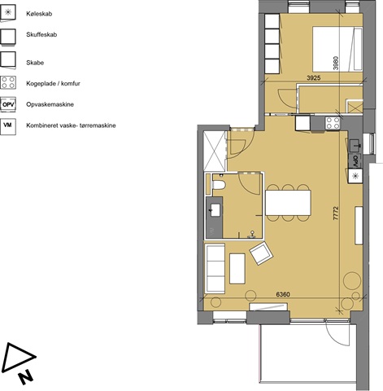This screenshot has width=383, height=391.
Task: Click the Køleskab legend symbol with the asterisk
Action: click(8, 12)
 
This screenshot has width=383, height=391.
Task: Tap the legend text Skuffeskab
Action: click(41, 34)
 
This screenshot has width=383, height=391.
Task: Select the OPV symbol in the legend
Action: click(8, 104)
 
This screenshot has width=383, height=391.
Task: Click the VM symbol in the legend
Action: click(8, 125)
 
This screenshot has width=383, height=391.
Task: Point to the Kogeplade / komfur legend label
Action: click(53, 83)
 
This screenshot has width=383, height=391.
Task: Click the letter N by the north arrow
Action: click(26, 377)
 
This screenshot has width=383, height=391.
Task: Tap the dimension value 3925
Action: click(314, 78)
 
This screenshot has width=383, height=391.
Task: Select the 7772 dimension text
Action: click(336, 213)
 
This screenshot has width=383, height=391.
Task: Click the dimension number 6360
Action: click(283, 294)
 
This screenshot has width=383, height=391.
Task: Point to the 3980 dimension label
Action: click(336, 63)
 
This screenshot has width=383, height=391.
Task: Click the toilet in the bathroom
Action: click(219, 185)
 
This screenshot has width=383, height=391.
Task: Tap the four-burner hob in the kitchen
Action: click(333, 123)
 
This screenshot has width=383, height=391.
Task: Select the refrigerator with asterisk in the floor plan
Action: click(355, 176)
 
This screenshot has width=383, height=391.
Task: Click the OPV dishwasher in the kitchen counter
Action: click(355, 161)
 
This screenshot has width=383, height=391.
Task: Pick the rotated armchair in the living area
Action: click(261, 253)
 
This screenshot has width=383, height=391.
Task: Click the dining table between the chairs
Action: click(288, 203)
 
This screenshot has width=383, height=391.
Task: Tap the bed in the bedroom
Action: click(337, 49)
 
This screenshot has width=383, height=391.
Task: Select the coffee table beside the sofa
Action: click(237, 269)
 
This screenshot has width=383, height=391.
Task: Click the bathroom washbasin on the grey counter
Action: click(215, 210)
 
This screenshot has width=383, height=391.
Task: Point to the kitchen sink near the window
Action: click(355, 146)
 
